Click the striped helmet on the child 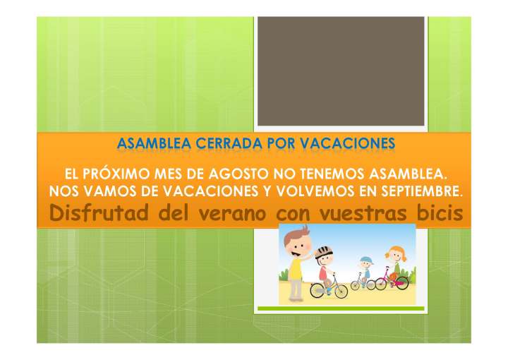(323, 253)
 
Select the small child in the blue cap (364, 269)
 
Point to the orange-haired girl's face (393, 254)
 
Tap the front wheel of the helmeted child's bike (339, 289)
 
